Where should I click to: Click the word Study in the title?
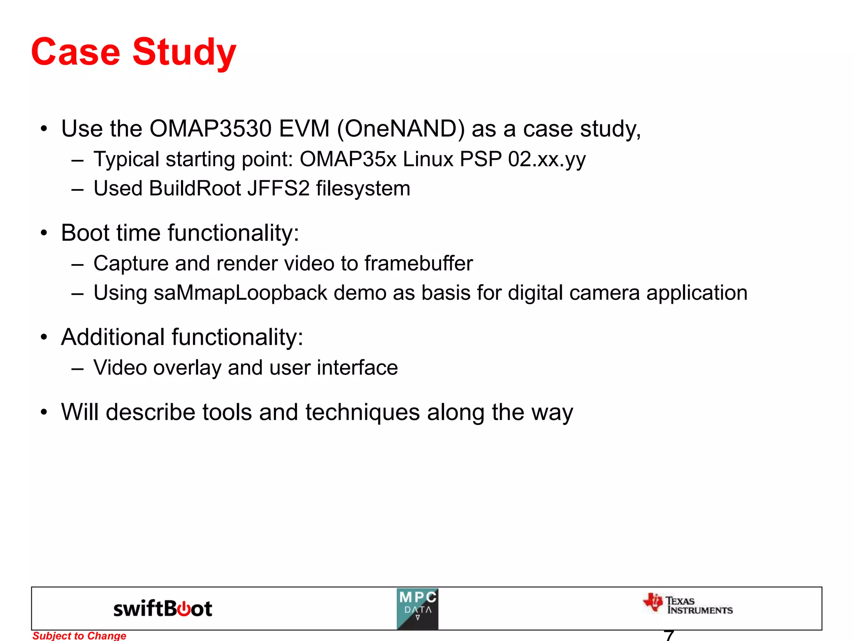click(x=184, y=53)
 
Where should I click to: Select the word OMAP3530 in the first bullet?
click(x=210, y=129)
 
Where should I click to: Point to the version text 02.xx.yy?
click(x=547, y=159)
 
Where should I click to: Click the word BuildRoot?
click(x=195, y=188)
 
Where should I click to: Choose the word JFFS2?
click(x=278, y=188)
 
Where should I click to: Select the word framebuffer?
click(x=418, y=263)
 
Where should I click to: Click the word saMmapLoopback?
click(x=240, y=293)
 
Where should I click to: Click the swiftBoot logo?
click(x=163, y=609)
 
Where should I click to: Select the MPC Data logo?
click(x=417, y=609)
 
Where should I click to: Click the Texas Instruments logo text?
click(x=699, y=606)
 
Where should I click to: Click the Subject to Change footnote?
click(x=79, y=636)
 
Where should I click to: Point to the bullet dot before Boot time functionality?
click(x=44, y=233)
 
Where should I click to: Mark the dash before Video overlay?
click(x=78, y=368)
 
